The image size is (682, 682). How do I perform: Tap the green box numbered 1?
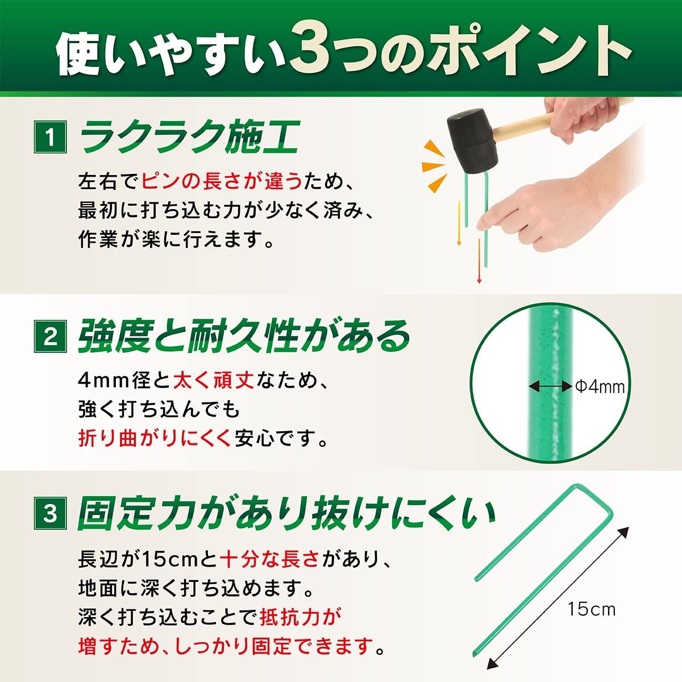[x=50, y=137]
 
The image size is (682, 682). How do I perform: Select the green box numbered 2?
[x=50, y=336]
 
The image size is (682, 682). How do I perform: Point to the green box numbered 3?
[x=50, y=513]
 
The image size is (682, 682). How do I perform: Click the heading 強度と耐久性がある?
[x=244, y=336]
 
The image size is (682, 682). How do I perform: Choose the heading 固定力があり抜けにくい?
[x=286, y=513]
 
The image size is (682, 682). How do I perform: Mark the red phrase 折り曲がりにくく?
[x=155, y=439]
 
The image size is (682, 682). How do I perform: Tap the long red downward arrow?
[x=479, y=261]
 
